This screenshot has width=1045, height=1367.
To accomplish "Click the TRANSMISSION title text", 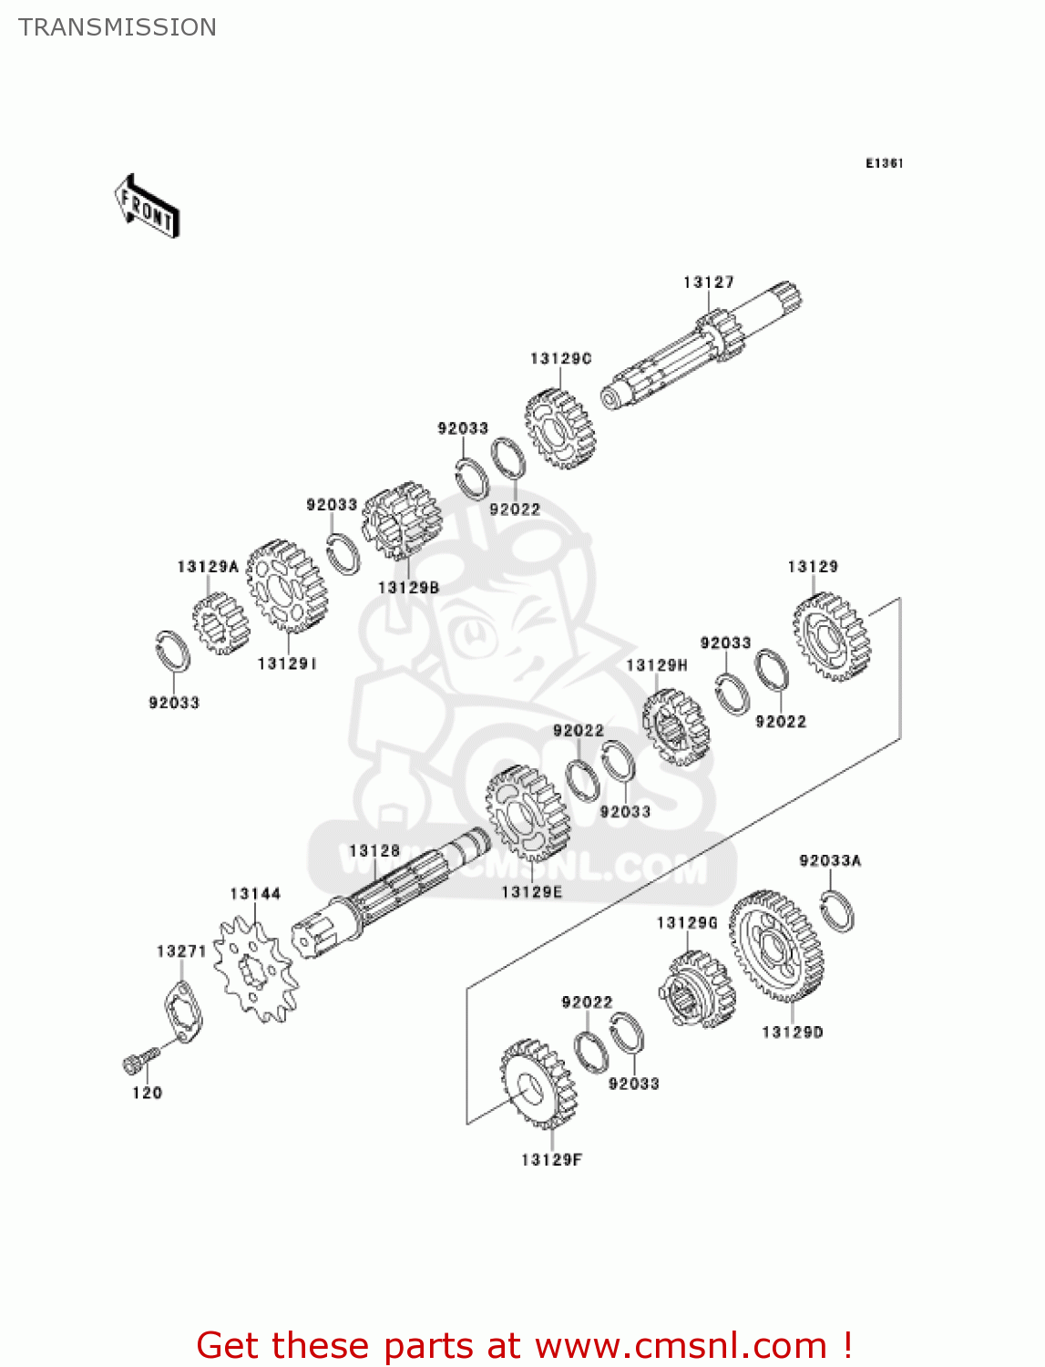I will coord(118,27).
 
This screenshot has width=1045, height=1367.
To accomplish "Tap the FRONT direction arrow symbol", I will coord(147,207).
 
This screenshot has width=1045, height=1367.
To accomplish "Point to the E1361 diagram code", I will coord(884,163).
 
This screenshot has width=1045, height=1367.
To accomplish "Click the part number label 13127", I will coord(708,283).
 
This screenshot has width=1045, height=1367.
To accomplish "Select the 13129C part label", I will coord(560,359).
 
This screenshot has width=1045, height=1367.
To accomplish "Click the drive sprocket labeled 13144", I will coord(255,970).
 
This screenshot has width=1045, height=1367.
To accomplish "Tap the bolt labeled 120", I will coord(138,1060).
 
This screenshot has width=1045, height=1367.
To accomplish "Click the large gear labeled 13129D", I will coord(776,946).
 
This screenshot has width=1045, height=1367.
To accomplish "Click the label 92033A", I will coord(829,860).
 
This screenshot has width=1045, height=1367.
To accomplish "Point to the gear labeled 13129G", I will coord(696,990).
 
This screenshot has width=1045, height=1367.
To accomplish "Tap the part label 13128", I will coord(374,850).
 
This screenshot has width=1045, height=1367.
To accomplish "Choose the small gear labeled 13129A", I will coord(220,622).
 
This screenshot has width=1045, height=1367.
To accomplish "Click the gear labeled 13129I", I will coord(286,586).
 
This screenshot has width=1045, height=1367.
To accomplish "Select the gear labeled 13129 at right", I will coord(831,636).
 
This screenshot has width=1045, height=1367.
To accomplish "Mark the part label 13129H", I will coord(656,665).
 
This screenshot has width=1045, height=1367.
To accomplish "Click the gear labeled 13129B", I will coord(400,520).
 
